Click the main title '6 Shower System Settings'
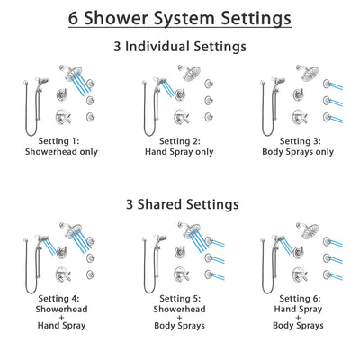coord(180,19)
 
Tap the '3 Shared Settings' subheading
coord(180,204)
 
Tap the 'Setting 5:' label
coord(179,298)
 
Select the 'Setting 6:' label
coord(301,298)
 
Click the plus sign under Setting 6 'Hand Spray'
coord(301,319)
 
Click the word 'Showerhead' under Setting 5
coord(179,309)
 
